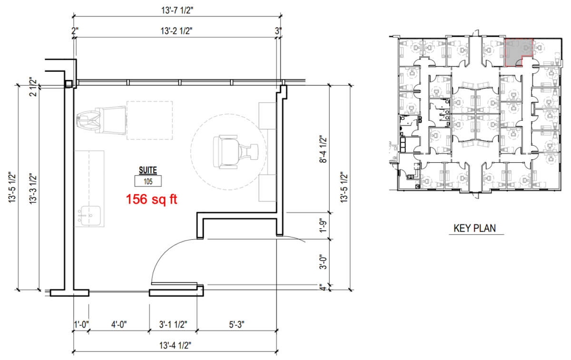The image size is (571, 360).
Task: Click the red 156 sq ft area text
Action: pyautogui.click(x=151, y=199)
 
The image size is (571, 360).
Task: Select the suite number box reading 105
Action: pyautogui.click(x=148, y=181)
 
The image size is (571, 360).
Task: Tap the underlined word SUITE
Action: pyautogui.click(x=148, y=170)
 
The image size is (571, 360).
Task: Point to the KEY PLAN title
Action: pyautogui.click(x=475, y=228)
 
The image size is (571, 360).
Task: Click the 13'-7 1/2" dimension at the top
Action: pyautogui.click(x=177, y=10)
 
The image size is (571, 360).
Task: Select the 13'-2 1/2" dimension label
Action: pyautogui.click(x=177, y=31)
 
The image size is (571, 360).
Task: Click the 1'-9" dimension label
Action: pyautogui.click(x=323, y=225)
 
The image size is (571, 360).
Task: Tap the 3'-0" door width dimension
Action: pyautogui.click(x=323, y=262)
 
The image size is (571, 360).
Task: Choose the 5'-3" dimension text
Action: pyautogui.click(x=236, y=325)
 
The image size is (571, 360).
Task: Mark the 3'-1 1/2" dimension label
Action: pyautogui.click(x=173, y=325)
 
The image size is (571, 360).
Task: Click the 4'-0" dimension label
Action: pyautogui.click(x=119, y=325)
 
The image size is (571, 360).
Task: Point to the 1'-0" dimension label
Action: pyautogui.click(x=81, y=325)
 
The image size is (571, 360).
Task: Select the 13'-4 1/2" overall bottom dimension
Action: pyautogui.click(x=175, y=345)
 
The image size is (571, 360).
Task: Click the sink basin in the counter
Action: pyautogui.click(x=89, y=216)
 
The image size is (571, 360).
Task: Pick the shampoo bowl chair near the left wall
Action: pyautogui.click(x=101, y=120)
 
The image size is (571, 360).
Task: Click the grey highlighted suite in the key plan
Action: pyautogui.click(x=515, y=51)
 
